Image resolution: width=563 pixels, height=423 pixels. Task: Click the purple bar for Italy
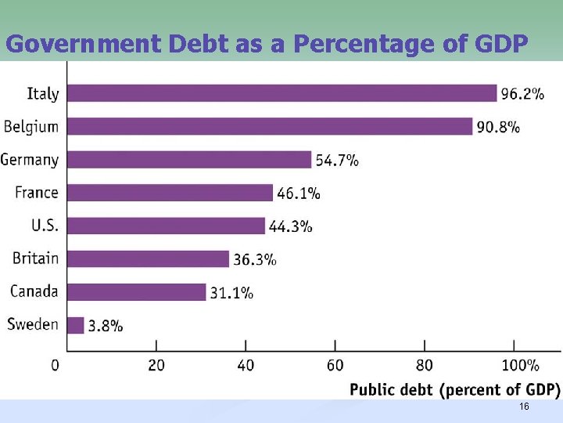tap(281, 93)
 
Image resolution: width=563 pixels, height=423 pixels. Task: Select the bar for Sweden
tap(76, 325)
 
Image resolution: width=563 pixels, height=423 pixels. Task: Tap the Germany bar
tap(189, 160)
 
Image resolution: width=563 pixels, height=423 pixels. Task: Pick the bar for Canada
tap(137, 292)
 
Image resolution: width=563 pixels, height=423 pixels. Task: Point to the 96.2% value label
tap(522, 94)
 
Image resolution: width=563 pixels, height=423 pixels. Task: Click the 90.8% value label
tap(498, 127)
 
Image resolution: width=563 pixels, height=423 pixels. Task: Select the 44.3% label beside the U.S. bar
tap(291, 226)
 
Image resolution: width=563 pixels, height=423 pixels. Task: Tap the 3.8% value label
tap(106, 326)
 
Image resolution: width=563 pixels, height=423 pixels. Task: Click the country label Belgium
tap(31, 127)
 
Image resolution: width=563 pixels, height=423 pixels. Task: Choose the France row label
tap(37, 193)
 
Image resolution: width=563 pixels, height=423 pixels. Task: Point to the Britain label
tap(35, 258)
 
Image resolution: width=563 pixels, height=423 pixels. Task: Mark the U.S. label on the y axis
tap(45, 226)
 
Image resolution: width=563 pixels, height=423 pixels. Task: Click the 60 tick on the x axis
tap(335, 365)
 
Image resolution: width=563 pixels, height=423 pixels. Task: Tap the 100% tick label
tap(520, 365)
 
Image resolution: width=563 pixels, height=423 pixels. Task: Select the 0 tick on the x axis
tap(55, 365)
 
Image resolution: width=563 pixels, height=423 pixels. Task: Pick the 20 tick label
tap(156, 365)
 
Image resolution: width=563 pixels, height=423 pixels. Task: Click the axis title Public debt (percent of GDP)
tap(454, 389)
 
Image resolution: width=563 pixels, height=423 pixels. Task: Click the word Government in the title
tap(81, 44)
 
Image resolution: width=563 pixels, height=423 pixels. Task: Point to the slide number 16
tap(524, 407)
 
